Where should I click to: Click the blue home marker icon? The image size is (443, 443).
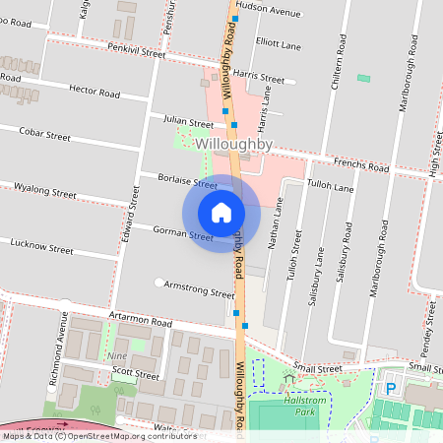[221, 213]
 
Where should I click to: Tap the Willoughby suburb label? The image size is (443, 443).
[233, 144]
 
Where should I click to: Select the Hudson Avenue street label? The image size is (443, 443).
[268, 13]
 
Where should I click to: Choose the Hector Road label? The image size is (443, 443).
[95, 92]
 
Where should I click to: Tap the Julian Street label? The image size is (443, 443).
[188, 121]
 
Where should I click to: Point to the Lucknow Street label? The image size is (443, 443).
[41, 247]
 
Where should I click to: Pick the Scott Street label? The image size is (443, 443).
[135, 374]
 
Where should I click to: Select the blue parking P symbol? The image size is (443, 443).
[391, 389]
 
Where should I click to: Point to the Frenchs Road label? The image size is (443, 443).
[361, 168]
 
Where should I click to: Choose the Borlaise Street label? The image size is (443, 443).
[187, 180]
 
